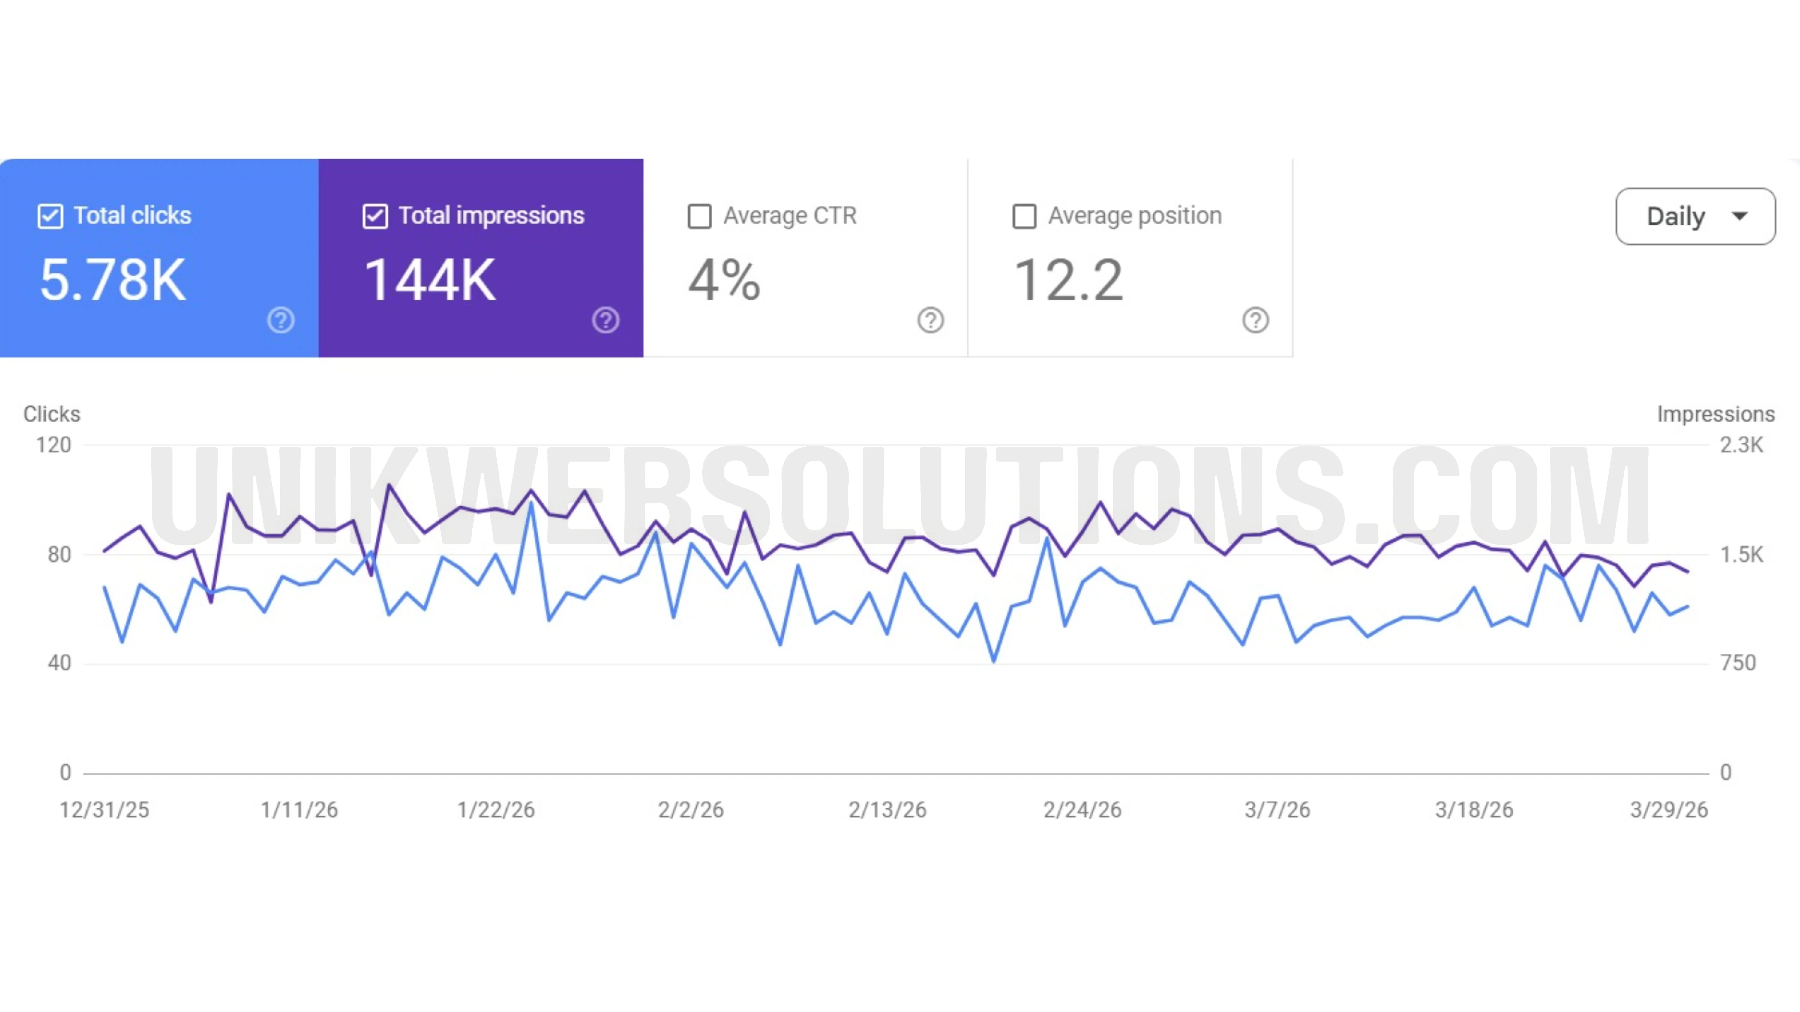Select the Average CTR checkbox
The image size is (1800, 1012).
tap(700, 216)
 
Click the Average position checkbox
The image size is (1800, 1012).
tap(1024, 216)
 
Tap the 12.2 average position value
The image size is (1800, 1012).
tap(1068, 280)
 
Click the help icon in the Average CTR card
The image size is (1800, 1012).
tap(930, 321)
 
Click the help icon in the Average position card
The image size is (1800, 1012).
tap(1255, 321)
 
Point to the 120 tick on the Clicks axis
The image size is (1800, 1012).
tap(54, 445)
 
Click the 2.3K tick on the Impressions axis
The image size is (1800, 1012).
tap(1741, 445)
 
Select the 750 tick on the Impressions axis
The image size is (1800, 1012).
tap(1738, 663)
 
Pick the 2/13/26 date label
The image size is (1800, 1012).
tap(887, 810)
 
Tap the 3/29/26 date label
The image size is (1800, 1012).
tap(1669, 810)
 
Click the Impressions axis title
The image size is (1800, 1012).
tap(1715, 414)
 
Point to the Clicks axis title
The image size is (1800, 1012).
tap(52, 414)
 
